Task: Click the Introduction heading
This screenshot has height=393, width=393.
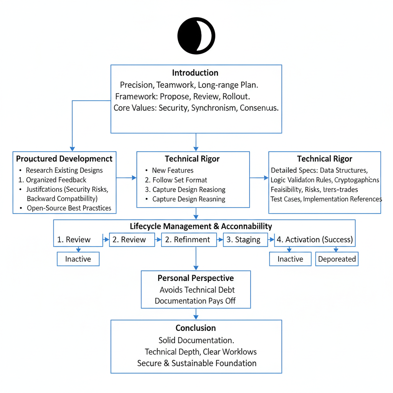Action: pos(195,73)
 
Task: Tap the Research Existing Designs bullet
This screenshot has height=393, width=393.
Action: pos(64,170)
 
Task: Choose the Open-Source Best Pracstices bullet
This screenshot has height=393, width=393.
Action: pos(69,208)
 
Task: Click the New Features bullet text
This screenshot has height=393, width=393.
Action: pos(173,170)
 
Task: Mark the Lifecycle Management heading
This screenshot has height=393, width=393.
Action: pos(201,226)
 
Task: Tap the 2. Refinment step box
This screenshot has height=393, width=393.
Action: pos(187,239)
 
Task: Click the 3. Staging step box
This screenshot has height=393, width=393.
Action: pos(243,239)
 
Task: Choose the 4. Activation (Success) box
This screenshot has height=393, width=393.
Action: pos(314,239)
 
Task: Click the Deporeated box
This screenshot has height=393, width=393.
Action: pos(337,259)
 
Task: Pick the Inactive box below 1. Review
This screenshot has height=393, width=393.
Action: pos(78,259)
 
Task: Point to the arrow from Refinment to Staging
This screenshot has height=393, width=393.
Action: pos(220,240)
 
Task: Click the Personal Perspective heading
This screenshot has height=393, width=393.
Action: pos(195,278)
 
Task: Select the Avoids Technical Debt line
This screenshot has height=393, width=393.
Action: pos(197,290)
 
